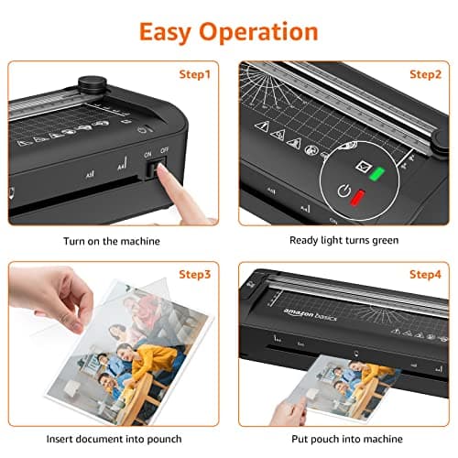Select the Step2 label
pos(425,74)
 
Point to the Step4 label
pos(425,274)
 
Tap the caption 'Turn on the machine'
pos(111,241)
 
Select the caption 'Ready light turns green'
pos(345,241)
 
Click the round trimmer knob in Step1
pos(89,85)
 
